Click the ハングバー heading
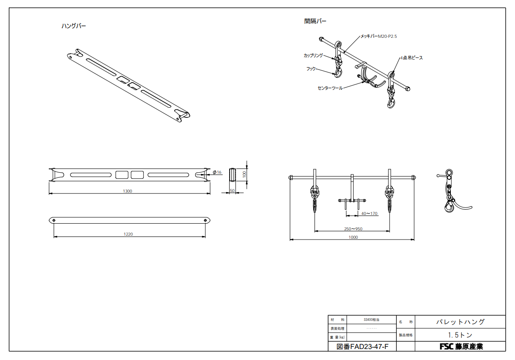pos(73,26)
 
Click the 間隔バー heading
pos(315,21)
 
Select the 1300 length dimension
pos(128,191)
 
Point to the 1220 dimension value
pos(128,234)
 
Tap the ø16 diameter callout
pos(217,172)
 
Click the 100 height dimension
pos(244,174)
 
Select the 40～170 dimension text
pos(369,214)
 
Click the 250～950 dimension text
pos(353,229)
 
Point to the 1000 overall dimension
pos(353,237)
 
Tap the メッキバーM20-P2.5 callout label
pos(379,36)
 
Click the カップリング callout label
pos(313,55)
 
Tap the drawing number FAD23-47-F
pos(362,347)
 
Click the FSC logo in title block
pos(446,347)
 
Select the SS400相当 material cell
pos(371,320)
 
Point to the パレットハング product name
pos(460,322)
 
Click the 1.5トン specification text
pos(460,335)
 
